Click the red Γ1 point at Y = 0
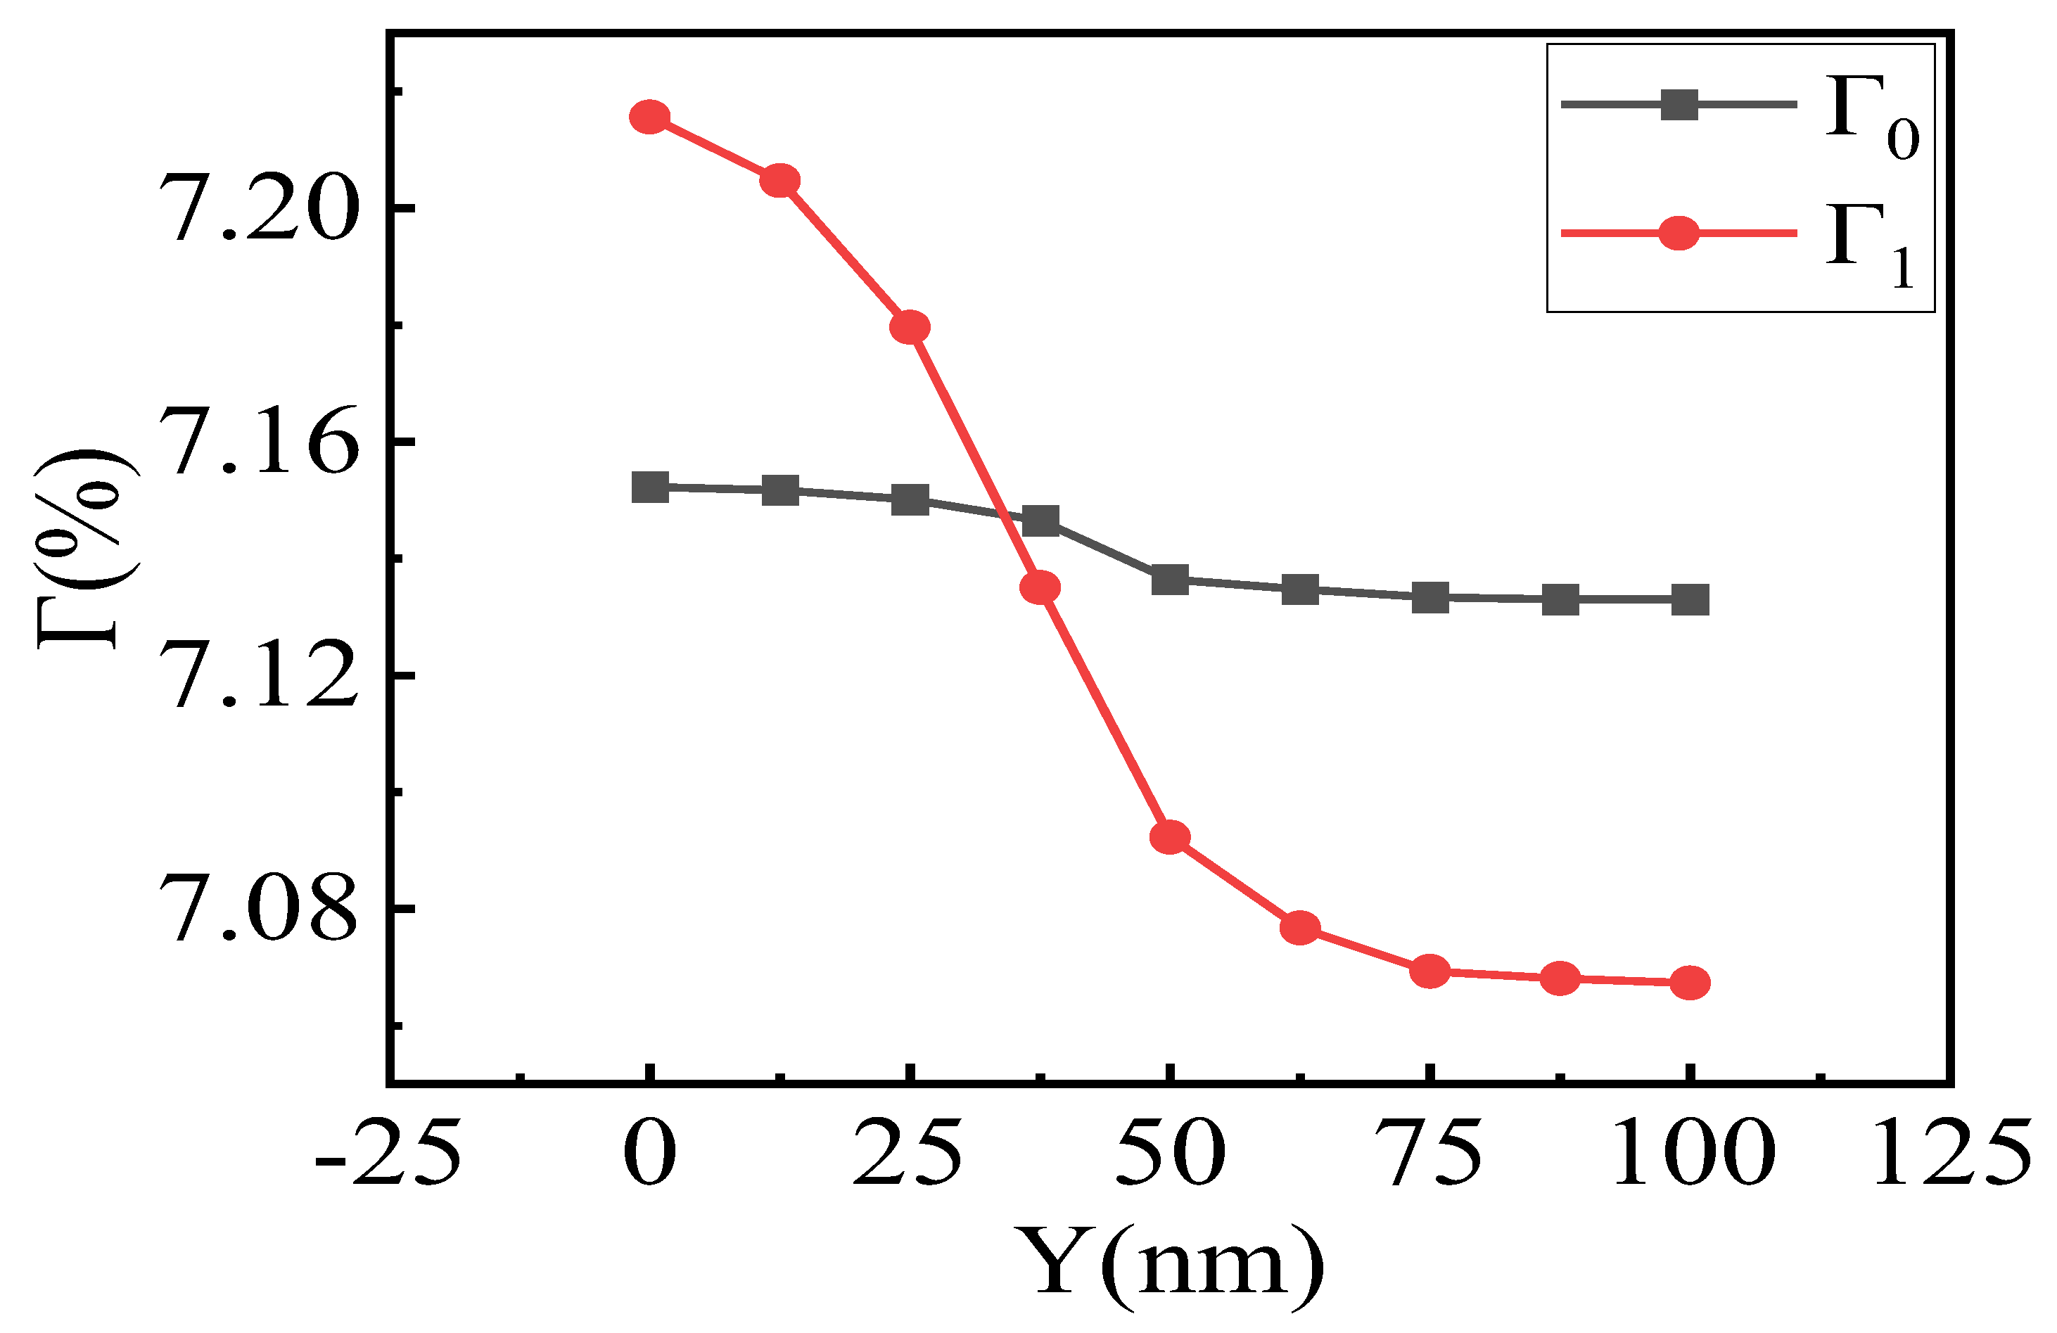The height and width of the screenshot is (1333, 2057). click(x=650, y=116)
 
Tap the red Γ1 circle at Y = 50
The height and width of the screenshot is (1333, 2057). click(x=1170, y=837)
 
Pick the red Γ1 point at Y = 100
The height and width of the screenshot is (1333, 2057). click(x=1690, y=983)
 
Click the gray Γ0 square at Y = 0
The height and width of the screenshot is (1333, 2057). click(x=650, y=487)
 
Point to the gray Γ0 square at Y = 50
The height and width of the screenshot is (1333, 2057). click(x=1170, y=580)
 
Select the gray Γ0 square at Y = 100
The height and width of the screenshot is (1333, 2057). click(x=1690, y=599)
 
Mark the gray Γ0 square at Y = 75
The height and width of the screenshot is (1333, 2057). click(x=1430, y=597)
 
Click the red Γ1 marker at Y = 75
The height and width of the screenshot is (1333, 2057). click(x=1430, y=971)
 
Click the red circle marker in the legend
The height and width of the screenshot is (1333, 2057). click(x=1679, y=233)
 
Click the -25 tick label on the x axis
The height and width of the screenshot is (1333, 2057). click(x=387, y=1154)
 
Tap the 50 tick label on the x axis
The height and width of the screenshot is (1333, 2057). click(x=1170, y=1154)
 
